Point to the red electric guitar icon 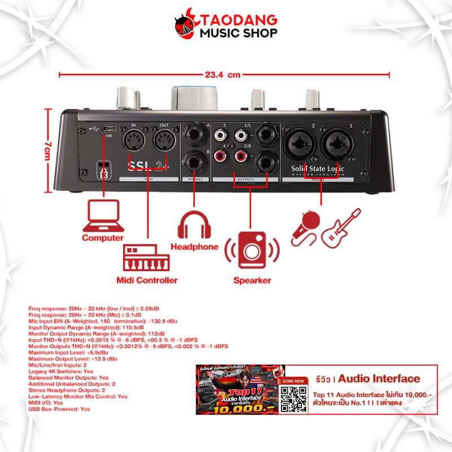340,227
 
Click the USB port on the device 108,129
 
